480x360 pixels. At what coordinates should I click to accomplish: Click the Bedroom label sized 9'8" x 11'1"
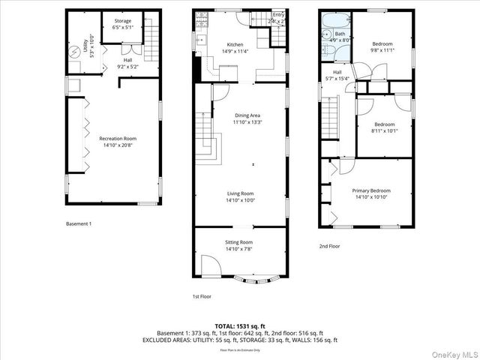tap(383, 47)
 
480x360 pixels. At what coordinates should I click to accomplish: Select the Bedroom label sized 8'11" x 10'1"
tap(385, 127)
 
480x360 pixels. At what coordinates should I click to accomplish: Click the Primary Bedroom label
tap(372, 193)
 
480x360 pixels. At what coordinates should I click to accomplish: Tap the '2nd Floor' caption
tap(329, 246)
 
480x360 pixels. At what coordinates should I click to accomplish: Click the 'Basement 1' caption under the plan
tap(79, 224)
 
